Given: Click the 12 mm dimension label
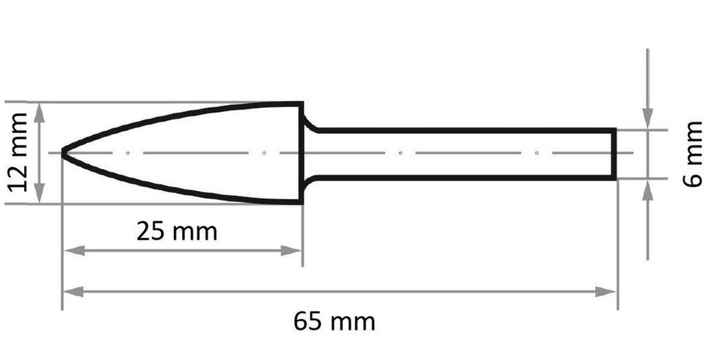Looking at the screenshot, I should click(19, 153).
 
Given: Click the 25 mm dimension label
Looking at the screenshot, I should click(177, 232).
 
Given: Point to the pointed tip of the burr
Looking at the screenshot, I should click(63, 153).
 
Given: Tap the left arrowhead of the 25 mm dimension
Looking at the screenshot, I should click(71, 251).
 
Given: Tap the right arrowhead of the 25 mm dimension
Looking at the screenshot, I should click(294, 251).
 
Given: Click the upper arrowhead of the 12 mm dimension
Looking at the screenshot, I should click(40, 111).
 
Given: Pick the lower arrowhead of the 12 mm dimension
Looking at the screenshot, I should click(40, 195).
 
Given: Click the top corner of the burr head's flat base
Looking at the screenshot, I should click(302, 104).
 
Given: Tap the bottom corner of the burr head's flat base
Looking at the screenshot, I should click(302, 202).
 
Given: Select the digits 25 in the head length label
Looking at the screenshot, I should click(151, 232).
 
